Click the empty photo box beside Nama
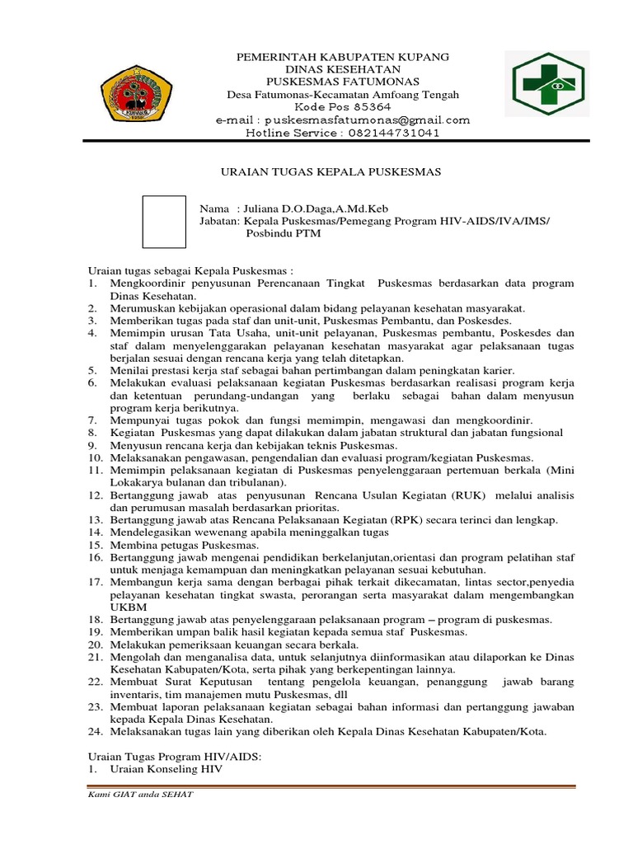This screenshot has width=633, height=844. click(164, 221)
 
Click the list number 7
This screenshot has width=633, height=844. click(92, 420)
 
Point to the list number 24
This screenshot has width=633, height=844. click(95, 731)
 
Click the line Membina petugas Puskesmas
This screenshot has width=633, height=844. click(172, 545)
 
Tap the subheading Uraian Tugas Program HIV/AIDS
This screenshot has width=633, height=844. click(175, 756)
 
